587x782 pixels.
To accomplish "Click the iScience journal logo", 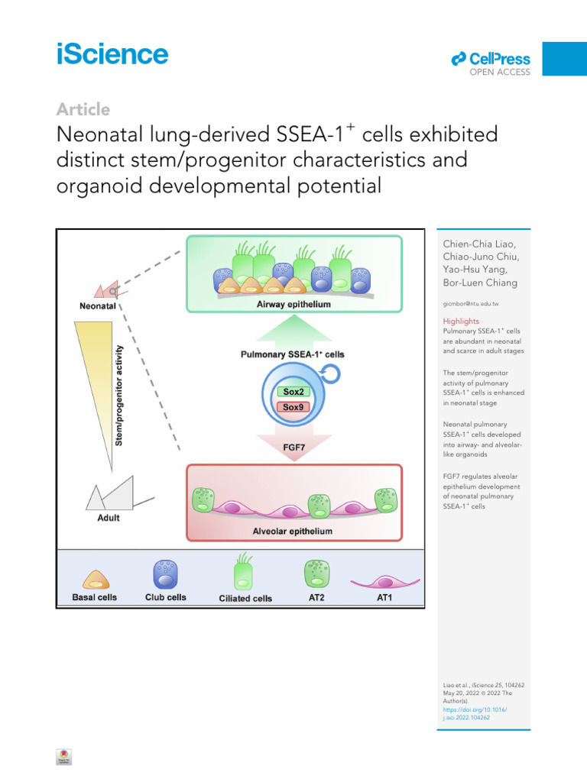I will point(112,55).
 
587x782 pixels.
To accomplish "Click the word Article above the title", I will point(83,109).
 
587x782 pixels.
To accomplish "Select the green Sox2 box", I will point(293,393).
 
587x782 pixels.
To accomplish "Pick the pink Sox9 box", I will point(293,407).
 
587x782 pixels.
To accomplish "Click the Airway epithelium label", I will point(293,304).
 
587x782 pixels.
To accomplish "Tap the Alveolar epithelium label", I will point(293,530).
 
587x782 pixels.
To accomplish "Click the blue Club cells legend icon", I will point(166,573).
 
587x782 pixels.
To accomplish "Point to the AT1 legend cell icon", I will point(384,581).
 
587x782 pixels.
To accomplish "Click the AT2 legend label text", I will point(316,597).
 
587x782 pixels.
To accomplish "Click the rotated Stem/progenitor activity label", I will point(118,396).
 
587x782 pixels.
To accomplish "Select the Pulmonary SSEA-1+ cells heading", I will point(293,354).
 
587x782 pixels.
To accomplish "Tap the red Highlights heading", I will point(462,322).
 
